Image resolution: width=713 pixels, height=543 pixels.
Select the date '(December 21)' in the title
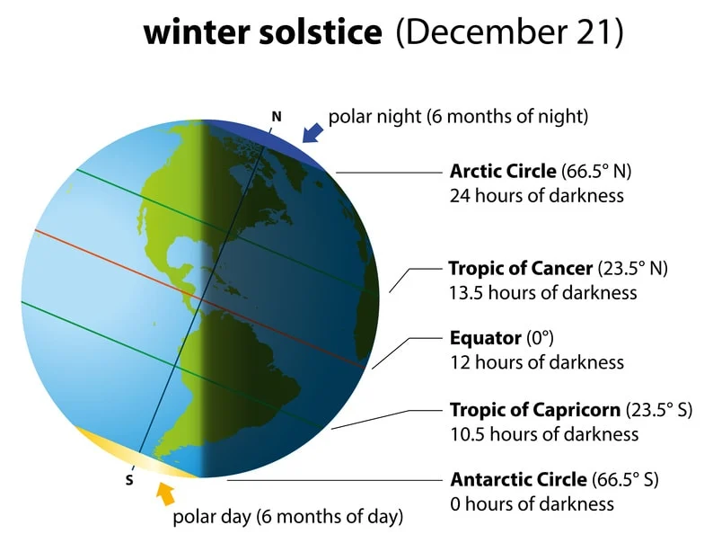[x=509, y=33]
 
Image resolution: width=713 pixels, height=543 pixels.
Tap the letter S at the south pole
[x=128, y=478]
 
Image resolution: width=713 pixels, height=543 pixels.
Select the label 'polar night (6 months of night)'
[x=458, y=116]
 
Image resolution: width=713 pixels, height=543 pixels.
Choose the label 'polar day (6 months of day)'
[x=287, y=517]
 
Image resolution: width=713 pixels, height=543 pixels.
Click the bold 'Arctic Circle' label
[x=503, y=171]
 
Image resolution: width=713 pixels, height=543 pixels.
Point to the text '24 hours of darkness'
[x=536, y=194]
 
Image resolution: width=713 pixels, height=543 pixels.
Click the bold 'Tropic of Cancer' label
[x=520, y=268]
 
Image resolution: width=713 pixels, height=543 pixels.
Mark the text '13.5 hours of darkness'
[x=542, y=292]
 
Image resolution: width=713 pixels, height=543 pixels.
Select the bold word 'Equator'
[x=485, y=338]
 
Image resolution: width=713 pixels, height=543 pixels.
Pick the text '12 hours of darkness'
[x=536, y=362]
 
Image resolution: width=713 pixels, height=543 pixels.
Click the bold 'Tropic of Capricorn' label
[x=534, y=409]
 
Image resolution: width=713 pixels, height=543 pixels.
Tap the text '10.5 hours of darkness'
[x=543, y=433]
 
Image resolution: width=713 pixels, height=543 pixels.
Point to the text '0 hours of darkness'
[x=532, y=503]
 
